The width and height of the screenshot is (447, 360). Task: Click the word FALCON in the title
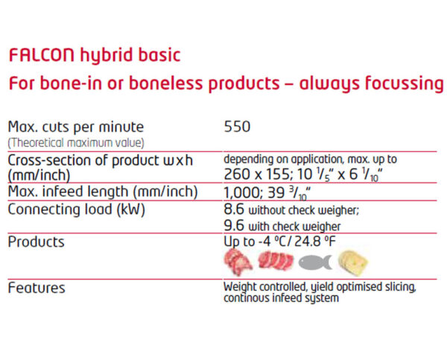(42, 55)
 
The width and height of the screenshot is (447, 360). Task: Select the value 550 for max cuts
(237, 127)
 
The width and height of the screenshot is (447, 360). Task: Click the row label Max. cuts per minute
(75, 127)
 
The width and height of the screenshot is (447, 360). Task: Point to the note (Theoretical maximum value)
(76, 142)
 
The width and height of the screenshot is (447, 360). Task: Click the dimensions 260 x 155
(256, 174)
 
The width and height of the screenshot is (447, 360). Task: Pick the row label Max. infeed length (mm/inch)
(103, 192)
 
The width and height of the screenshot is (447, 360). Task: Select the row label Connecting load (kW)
(77, 209)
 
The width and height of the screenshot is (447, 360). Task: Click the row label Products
(37, 242)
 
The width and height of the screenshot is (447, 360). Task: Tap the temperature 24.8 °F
(314, 241)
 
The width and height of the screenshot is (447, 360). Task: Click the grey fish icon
(315, 262)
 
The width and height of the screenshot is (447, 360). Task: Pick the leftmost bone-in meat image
(238, 262)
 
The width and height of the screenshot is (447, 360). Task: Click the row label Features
(37, 288)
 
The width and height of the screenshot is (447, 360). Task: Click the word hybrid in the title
(107, 56)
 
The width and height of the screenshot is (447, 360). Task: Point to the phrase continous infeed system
(281, 298)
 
